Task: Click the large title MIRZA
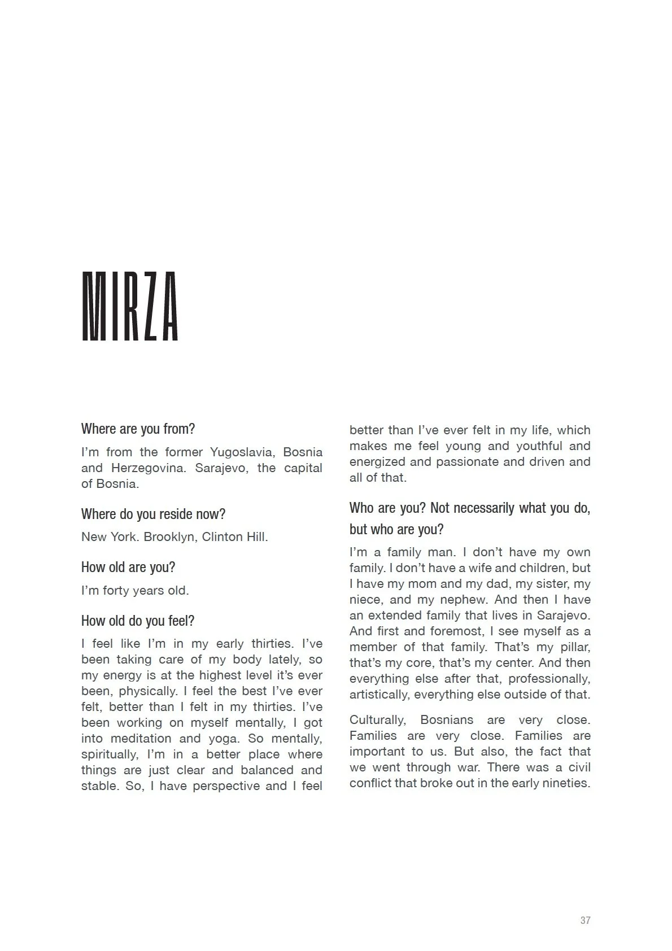130,307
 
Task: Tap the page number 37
585,920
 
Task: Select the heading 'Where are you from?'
138,429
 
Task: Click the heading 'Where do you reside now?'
153,514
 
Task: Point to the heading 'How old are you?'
128,567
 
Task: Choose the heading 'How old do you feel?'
138,621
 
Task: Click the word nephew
462,599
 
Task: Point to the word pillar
573,647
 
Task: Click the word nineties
565,783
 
